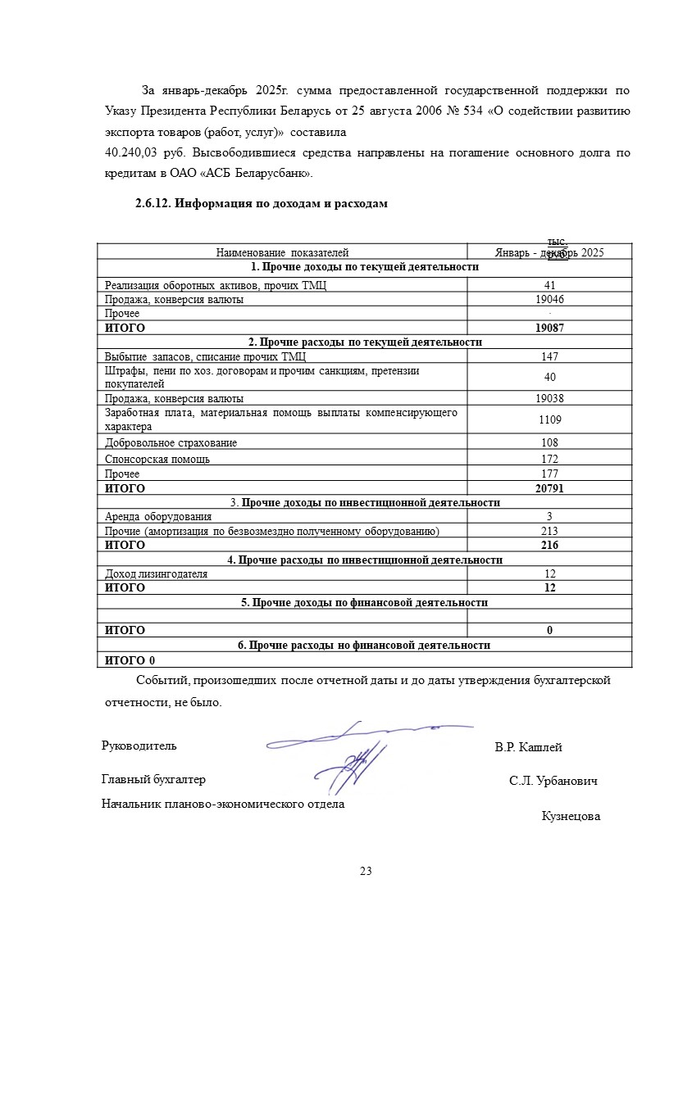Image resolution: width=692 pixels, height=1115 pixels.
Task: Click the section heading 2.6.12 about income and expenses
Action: click(x=261, y=204)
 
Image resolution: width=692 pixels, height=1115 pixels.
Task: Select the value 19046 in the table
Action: click(x=549, y=300)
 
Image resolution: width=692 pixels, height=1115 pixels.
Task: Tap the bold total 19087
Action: click(x=549, y=328)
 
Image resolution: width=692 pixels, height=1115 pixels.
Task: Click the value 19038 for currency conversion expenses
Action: click(x=549, y=399)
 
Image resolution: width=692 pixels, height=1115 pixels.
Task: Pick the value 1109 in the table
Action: click(x=549, y=419)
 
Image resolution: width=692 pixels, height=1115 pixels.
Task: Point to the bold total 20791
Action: click(x=549, y=488)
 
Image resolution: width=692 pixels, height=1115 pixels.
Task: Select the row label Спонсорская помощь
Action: click(x=157, y=460)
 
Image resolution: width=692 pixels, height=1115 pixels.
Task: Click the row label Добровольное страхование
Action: click(x=171, y=443)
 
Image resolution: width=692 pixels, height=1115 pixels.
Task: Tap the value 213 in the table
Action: click(x=549, y=532)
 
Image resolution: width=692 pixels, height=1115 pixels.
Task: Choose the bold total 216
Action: click(x=549, y=545)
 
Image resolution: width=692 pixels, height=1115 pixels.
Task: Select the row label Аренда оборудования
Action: click(x=158, y=517)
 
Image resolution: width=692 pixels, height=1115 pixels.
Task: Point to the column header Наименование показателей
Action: click(x=282, y=253)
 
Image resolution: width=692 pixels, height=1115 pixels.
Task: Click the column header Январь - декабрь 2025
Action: click(x=549, y=253)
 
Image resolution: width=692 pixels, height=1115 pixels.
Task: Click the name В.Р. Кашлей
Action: click(x=528, y=747)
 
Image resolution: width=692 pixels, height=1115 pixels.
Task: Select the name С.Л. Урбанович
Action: click(x=553, y=781)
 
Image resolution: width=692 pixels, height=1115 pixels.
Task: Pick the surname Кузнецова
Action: click(x=571, y=816)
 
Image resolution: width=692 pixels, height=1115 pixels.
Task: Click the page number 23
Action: click(x=366, y=871)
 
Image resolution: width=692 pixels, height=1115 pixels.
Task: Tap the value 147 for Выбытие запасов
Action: click(x=549, y=356)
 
